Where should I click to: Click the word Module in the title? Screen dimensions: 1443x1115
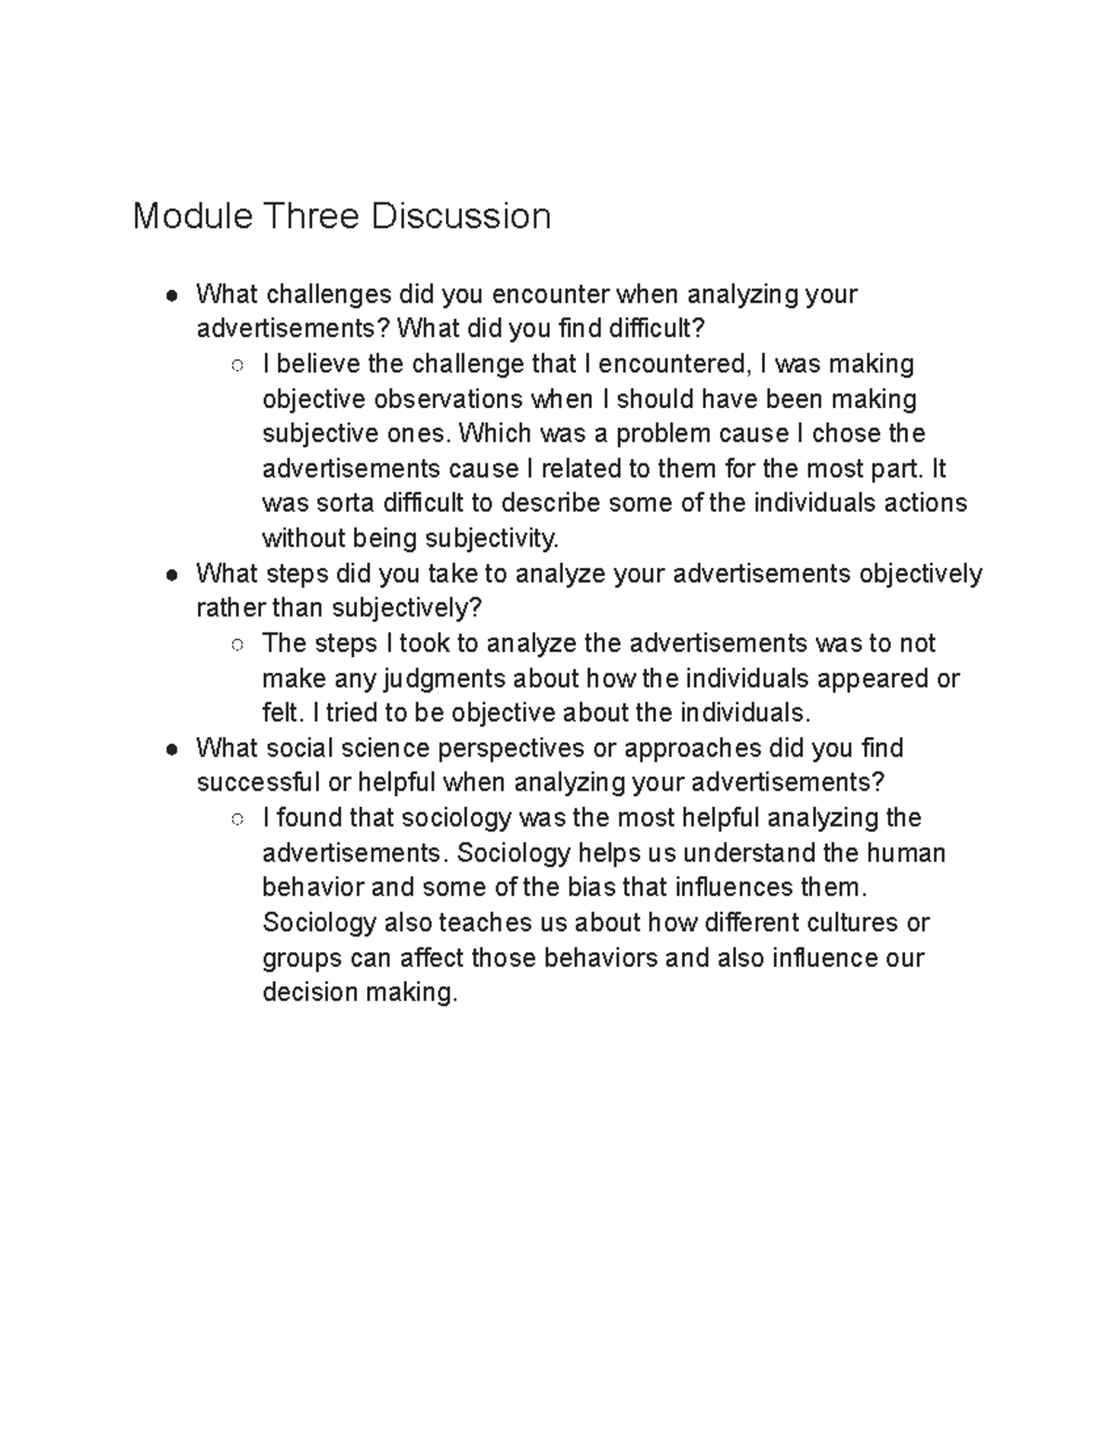click(192, 216)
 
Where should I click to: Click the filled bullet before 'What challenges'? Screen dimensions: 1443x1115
click(171, 295)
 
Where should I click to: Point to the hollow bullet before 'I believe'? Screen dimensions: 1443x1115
click(237, 365)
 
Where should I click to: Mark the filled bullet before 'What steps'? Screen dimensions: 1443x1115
click(171, 575)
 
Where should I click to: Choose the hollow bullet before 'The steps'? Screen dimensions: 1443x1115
click(237, 645)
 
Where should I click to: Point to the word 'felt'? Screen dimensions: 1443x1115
click(281, 714)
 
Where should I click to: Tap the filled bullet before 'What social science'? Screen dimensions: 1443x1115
click(171, 750)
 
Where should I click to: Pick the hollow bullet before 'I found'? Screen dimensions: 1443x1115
click(237, 820)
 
